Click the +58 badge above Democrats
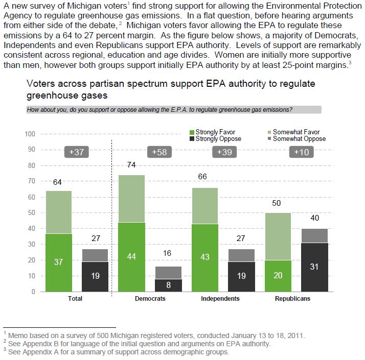pyautogui.click(x=159, y=152)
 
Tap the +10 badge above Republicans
pyautogui.click(x=302, y=152)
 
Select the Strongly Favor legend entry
pyautogui.click(x=213, y=132)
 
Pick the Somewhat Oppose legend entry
pyautogui.click(x=297, y=139)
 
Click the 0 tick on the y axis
pyautogui.click(x=33, y=292)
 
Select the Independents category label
pyautogui.click(x=220, y=299)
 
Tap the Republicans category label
pyautogui.click(x=292, y=299)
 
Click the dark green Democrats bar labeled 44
pyautogui.click(x=131, y=257)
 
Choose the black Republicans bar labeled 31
pyautogui.click(x=314, y=267)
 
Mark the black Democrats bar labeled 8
pyautogui.click(x=168, y=285)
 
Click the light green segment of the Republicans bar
pyautogui.click(x=278, y=236)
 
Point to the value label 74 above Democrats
pyautogui.click(x=131, y=165)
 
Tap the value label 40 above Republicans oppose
pyautogui.click(x=315, y=218)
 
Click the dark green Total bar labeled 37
pyautogui.click(x=59, y=262)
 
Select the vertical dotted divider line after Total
pyautogui.click(x=112, y=219)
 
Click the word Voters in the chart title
pyautogui.click(x=41, y=84)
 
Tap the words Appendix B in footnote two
pyautogui.click(x=37, y=344)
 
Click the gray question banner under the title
pyautogui.click(x=174, y=110)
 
